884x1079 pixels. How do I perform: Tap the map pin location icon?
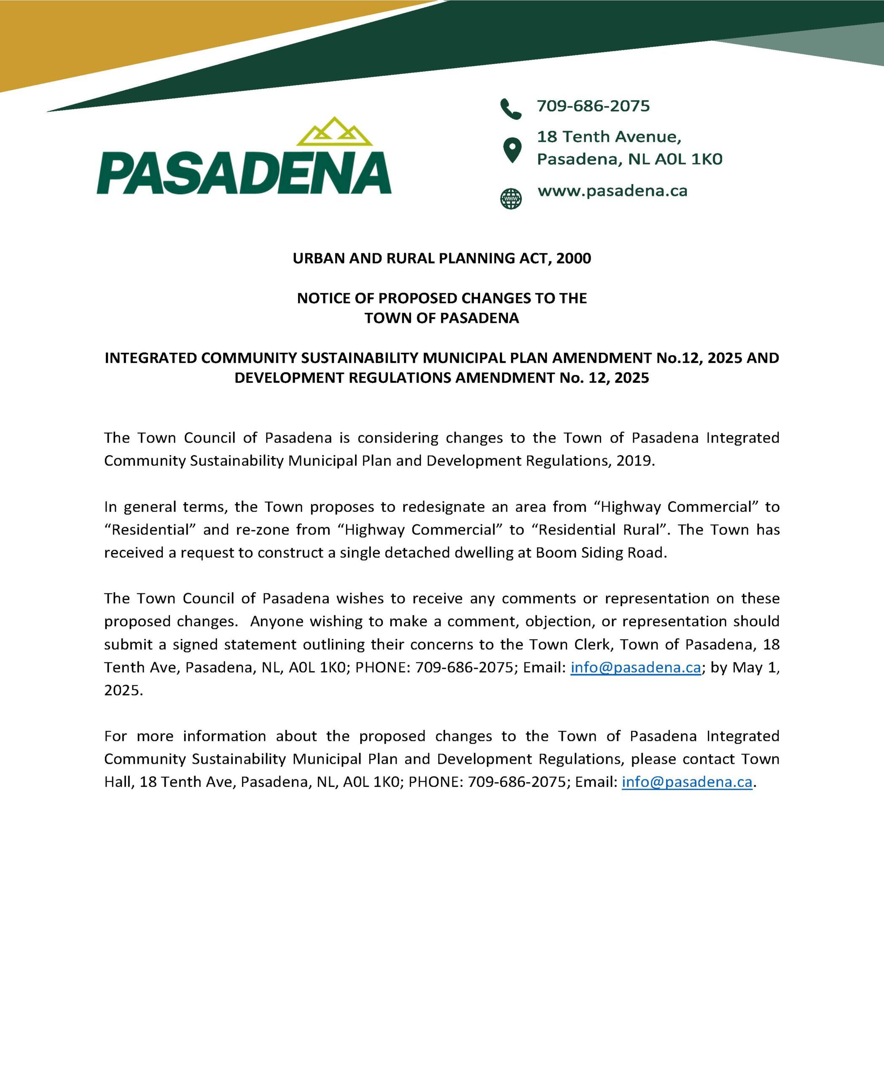pos(512,150)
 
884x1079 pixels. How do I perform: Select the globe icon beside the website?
pos(511,199)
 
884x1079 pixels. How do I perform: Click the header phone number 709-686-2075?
pos(593,106)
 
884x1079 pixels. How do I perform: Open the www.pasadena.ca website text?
pos(612,191)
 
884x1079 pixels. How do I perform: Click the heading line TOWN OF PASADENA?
pos(441,318)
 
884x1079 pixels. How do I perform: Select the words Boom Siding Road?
pos(601,553)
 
